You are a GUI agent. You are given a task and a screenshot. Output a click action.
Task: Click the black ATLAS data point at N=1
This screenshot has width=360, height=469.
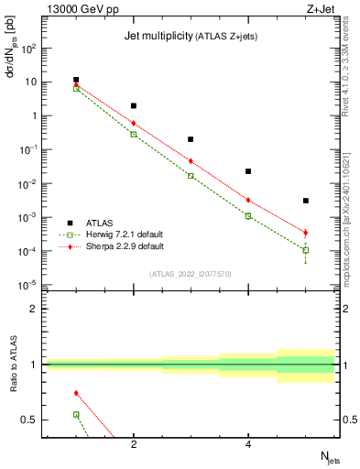(76, 81)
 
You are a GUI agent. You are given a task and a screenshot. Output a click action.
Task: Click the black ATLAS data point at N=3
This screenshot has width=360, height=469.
(191, 139)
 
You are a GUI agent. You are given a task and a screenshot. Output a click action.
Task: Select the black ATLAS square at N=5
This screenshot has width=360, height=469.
(305, 201)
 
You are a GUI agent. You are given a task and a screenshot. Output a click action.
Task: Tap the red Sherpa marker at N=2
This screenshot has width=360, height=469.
(134, 123)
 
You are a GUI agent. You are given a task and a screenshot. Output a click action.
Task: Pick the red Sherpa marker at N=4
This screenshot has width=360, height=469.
(248, 200)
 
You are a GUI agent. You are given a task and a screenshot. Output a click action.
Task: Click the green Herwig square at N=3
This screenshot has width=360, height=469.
(191, 175)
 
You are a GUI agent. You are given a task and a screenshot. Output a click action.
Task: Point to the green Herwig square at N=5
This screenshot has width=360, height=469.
(305, 250)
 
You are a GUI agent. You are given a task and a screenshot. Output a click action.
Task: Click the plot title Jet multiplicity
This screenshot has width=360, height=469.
(156, 36)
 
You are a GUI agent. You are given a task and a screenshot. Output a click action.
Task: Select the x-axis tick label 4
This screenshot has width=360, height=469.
(248, 446)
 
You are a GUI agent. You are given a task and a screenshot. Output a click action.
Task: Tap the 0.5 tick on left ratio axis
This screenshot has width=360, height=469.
(27, 420)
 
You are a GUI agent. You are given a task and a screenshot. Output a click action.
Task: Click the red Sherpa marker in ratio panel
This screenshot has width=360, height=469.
(76, 393)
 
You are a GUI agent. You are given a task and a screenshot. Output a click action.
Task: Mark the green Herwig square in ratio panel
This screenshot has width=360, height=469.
(76, 414)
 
